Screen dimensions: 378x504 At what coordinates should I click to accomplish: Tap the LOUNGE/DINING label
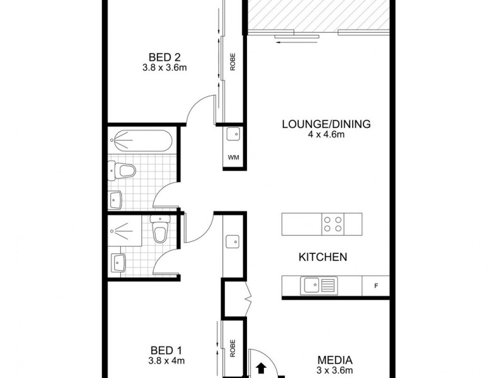(326, 123)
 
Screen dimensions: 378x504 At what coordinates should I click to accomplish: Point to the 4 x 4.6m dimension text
(326, 134)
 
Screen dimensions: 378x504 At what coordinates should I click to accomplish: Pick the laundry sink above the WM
(232, 134)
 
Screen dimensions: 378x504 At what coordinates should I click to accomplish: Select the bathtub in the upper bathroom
(140, 139)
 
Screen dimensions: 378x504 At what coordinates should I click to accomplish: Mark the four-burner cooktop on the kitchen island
(333, 223)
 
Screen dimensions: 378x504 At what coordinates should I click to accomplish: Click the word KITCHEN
(323, 257)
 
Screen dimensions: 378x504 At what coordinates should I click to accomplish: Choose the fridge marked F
(375, 287)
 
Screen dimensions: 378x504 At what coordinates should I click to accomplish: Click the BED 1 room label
(163, 350)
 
